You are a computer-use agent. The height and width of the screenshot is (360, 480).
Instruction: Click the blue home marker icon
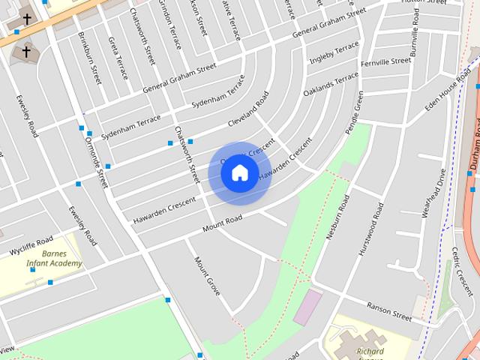tap(239, 172)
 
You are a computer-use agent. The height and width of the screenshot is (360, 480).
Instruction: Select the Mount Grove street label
tap(208, 275)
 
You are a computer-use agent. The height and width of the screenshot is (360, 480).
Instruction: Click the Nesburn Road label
tap(337, 217)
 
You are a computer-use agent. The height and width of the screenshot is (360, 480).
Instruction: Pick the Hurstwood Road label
tap(371, 228)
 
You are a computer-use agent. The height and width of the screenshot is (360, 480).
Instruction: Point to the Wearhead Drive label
tap(434, 193)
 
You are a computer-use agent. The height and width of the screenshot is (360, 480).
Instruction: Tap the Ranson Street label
tap(388, 311)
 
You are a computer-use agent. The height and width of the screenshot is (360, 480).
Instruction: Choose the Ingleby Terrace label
tap(334, 55)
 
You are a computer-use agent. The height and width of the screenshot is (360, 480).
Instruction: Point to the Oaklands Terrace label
tap(331, 84)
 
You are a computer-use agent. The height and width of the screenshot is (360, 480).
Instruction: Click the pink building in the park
tap(307, 307)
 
